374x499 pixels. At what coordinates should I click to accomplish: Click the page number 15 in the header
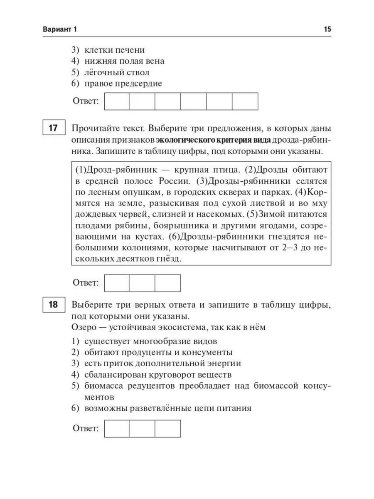coord(327,30)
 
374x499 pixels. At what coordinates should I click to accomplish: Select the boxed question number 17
coord(53,128)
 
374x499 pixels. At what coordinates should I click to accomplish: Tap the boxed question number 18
coord(53,305)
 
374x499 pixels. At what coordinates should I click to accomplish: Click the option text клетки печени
coord(114,50)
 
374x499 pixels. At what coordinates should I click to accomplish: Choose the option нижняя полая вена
coord(124,61)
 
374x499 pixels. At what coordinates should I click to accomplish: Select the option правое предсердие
coord(123,84)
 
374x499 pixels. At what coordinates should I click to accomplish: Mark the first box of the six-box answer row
coord(117,101)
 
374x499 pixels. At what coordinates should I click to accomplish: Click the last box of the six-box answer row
coord(245,101)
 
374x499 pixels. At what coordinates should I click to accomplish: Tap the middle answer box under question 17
coord(142,283)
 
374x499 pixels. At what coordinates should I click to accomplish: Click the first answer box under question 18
coord(117,429)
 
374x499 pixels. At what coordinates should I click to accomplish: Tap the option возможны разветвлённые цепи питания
coord(168,408)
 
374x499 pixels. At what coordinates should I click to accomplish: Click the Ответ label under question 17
coord(86,283)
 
